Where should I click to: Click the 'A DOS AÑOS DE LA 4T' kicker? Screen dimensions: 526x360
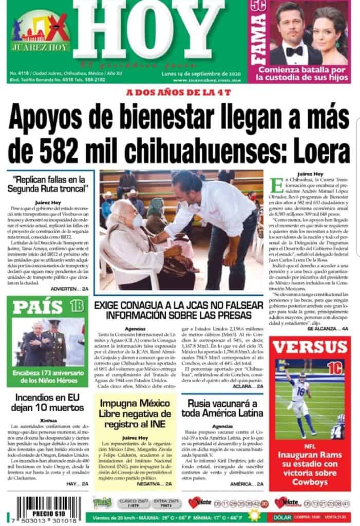click(x=179, y=93)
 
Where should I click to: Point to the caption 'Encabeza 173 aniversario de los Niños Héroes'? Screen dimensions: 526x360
click(x=47, y=376)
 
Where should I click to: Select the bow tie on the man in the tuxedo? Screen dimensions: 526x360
click(x=294, y=51)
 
